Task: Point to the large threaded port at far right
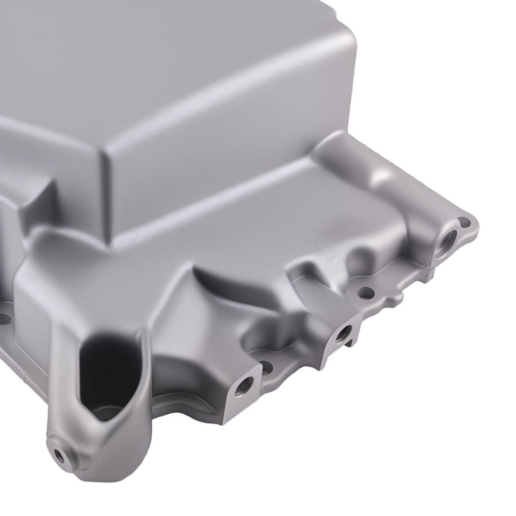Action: click(445, 239)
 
